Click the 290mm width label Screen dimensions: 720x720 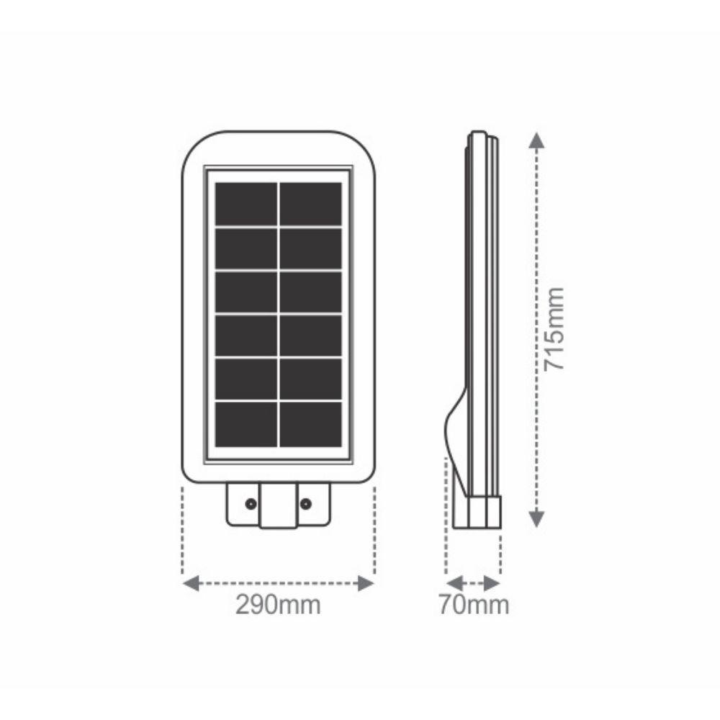point(278,606)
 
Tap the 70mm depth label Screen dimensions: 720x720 point(474,606)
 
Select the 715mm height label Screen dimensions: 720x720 point(554,329)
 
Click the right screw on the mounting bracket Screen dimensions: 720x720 point(305,504)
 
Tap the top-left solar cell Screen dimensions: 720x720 point(246,204)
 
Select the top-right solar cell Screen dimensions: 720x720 point(310,204)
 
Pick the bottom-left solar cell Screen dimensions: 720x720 point(246,424)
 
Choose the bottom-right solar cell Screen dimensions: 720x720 point(310,424)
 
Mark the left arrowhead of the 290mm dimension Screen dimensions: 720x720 point(190,582)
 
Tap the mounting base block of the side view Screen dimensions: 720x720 point(477,513)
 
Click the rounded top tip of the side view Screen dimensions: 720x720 point(477,135)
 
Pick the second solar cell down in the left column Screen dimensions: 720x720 point(246,248)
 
